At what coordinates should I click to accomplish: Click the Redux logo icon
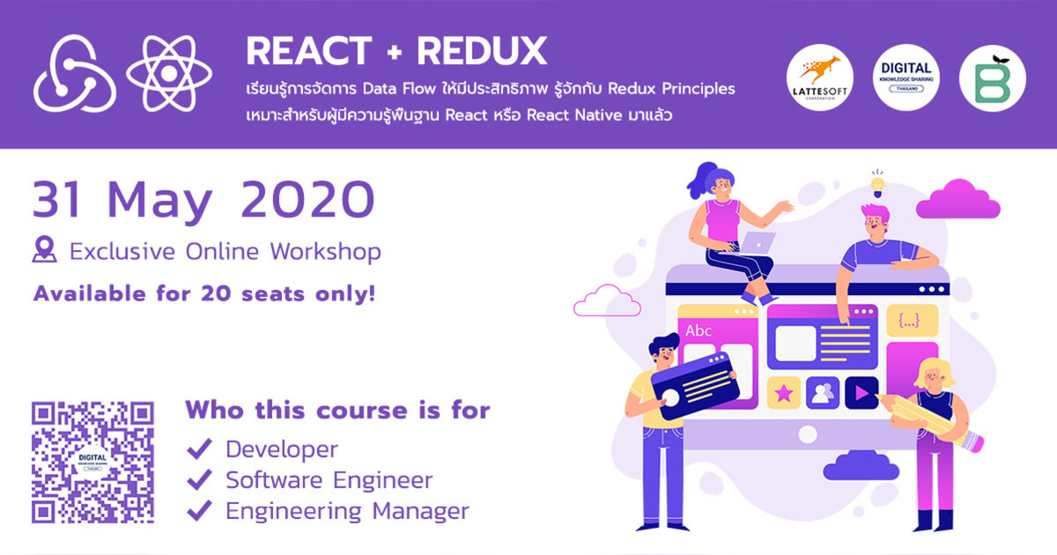coord(75,73)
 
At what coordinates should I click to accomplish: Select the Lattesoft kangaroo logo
coord(818,77)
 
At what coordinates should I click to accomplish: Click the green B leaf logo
coord(992,77)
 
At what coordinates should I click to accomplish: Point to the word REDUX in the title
coord(482,52)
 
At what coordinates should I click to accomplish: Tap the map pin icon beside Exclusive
coord(44,250)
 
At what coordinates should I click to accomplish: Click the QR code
coord(92,462)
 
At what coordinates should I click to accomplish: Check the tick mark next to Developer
coord(199,449)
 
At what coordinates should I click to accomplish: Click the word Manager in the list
coord(420,511)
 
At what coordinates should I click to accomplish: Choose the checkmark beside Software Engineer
coord(199,480)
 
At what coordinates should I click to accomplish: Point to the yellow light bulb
coord(877,185)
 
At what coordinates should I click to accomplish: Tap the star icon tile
coord(784,392)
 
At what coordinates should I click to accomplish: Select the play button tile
coord(861,392)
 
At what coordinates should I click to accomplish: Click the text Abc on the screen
coord(699,331)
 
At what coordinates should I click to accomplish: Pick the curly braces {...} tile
coord(908,322)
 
